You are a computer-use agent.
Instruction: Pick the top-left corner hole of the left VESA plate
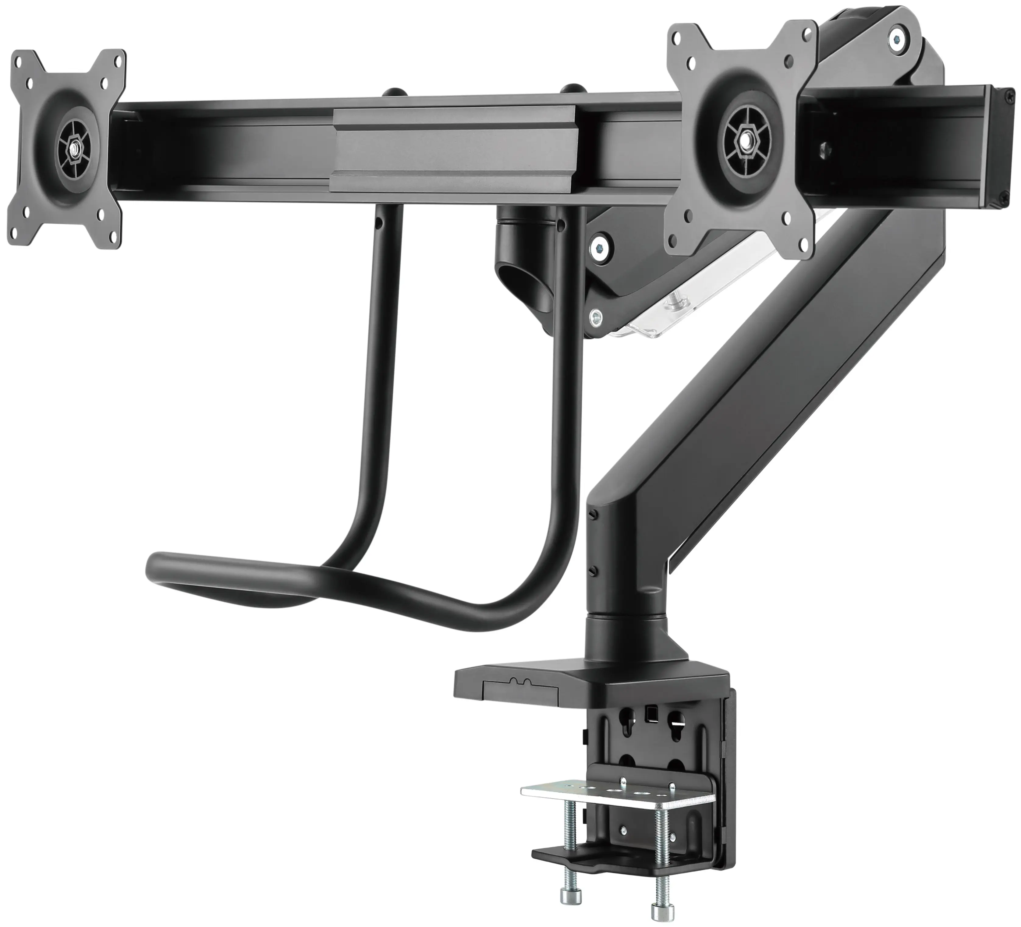tap(19, 61)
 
